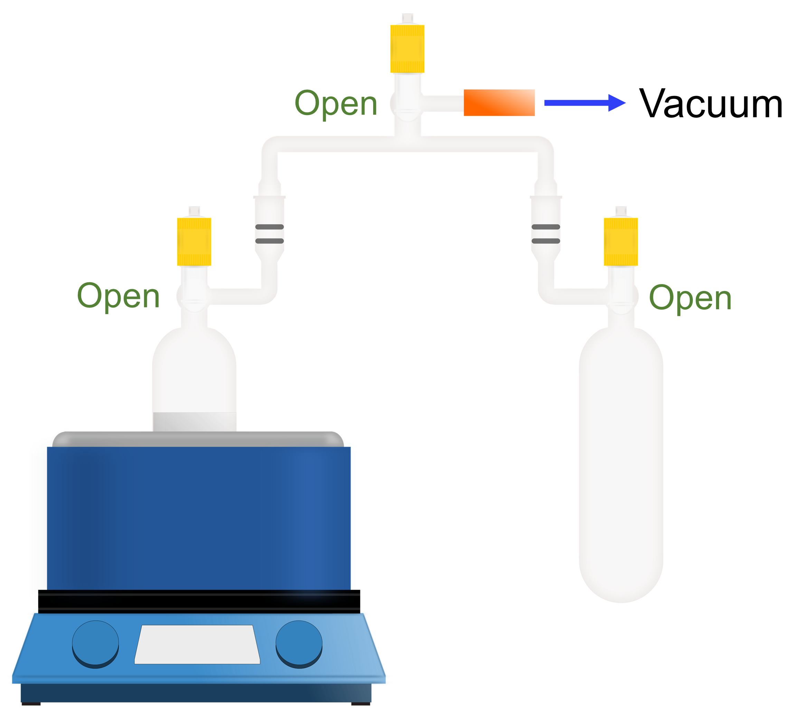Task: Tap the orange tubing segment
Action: click(499, 103)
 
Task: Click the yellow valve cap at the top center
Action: click(407, 49)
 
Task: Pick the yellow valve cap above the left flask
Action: click(194, 242)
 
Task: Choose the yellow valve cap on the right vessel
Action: click(620, 242)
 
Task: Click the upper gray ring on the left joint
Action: click(270, 227)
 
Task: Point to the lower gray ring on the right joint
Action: click(546, 241)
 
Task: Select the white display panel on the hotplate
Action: click(197, 644)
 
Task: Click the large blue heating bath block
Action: click(198, 519)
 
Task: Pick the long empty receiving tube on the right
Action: click(621, 464)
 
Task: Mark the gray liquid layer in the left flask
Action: click(195, 422)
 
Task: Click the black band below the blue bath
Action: click(199, 601)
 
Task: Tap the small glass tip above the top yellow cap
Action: click(407, 18)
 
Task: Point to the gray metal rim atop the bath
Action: click(198, 438)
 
